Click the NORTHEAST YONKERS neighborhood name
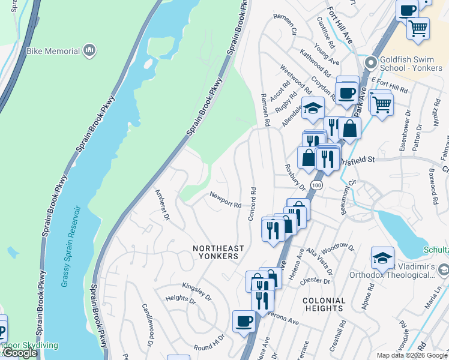coord(218,252)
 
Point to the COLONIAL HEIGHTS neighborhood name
coord(324,304)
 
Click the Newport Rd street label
coord(225,200)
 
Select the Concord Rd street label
coord(253,204)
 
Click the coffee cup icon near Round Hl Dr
coord(243,321)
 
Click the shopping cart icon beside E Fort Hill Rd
coord(381,104)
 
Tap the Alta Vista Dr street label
coord(319,259)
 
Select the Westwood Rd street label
coord(295,79)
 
